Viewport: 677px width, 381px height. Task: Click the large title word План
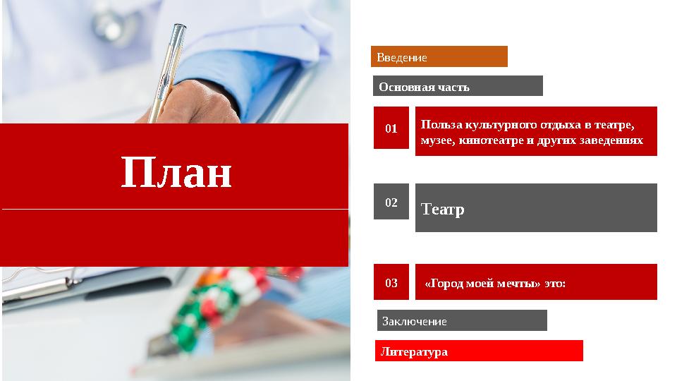[176, 173]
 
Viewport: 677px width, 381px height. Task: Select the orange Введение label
[439, 56]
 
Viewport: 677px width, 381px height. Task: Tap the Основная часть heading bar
[457, 86]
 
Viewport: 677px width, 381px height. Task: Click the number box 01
[391, 128]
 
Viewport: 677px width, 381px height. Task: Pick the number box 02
[391, 202]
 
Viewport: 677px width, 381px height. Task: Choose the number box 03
[391, 283]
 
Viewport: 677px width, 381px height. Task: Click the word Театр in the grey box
[443, 209]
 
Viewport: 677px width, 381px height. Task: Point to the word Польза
[439, 125]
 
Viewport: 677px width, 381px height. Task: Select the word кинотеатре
[492, 140]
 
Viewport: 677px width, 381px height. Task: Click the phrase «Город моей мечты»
[482, 284]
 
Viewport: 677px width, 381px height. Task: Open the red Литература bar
[478, 351]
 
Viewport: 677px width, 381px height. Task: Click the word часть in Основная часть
[453, 87]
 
